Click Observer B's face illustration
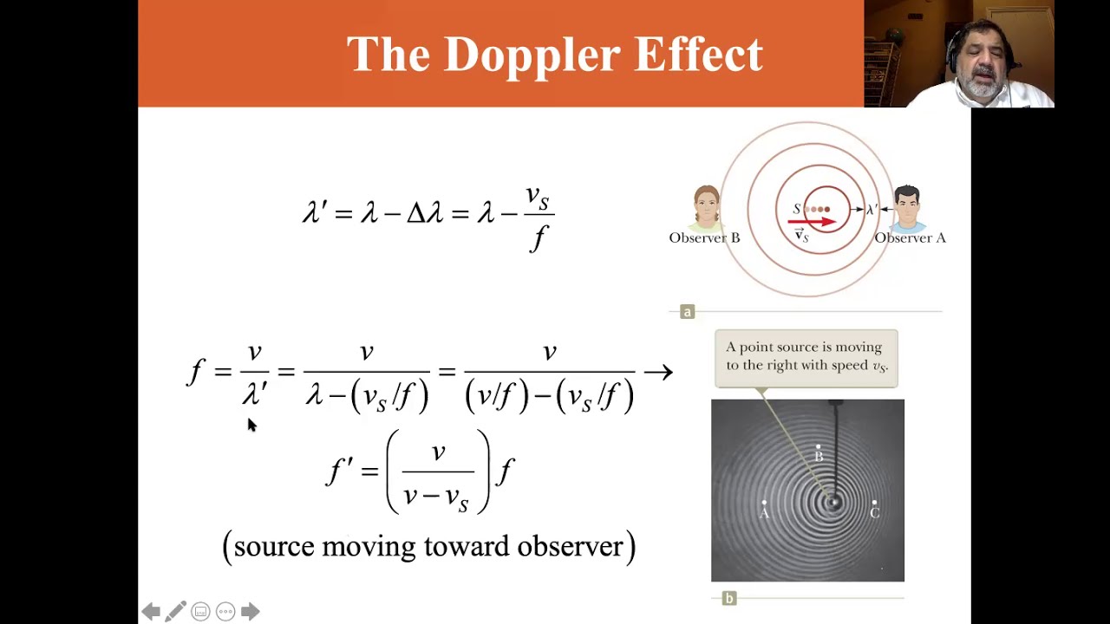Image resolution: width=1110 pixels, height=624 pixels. click(707, 209)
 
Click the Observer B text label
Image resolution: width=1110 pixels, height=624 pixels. click(704, 237)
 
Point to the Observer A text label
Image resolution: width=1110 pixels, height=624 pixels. click(910, 237)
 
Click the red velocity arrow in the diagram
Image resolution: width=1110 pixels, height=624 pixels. click(812, 222)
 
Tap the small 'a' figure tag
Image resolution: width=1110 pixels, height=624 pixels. click(687, 312)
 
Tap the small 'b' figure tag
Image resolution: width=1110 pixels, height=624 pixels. click(728, 598)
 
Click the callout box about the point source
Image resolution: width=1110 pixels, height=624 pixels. click(806, 356)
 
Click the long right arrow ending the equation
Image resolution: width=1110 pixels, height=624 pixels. click(658, 373)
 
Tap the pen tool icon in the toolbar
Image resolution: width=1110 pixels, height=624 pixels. click(175, 612)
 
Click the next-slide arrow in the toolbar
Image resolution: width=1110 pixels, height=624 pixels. click(250, 612)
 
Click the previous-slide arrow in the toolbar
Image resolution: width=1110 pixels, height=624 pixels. click(150, 612)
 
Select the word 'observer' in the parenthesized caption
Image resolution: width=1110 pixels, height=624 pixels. click(571, 546)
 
